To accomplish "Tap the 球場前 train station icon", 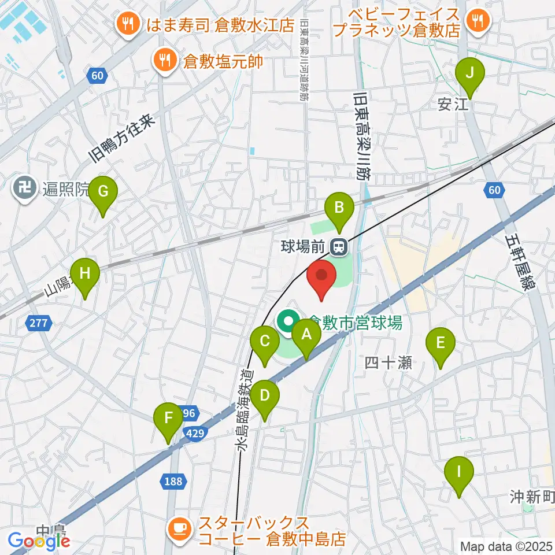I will point(338,247).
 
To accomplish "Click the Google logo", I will point(39,541).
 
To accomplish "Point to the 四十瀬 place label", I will point(388,362).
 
